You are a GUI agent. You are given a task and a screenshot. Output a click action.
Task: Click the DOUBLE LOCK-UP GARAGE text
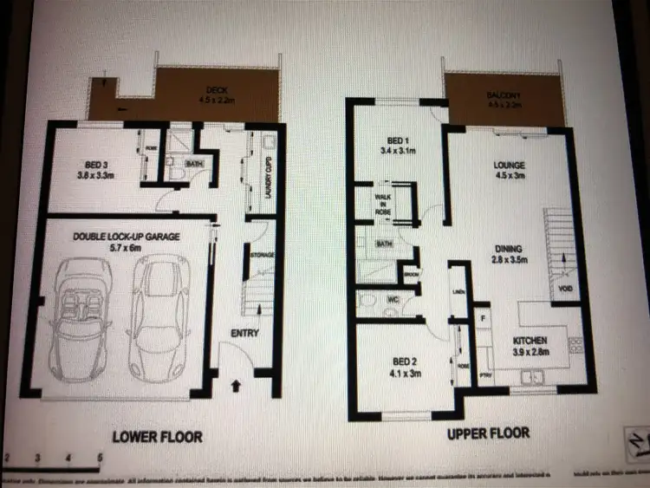pyautogui.click(x=114, y=237)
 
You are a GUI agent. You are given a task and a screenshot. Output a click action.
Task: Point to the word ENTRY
pyautogui.click(x=245, y=333)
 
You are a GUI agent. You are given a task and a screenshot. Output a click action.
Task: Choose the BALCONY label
pyautogui.click(x=505, y=96)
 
